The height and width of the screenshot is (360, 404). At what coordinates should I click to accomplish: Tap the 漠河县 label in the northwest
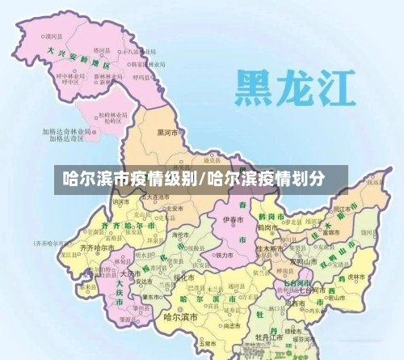click(55, 37)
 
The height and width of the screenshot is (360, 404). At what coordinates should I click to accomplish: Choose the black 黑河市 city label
click(170, 132)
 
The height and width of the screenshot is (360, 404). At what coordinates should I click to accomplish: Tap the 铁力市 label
click(225, 255)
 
